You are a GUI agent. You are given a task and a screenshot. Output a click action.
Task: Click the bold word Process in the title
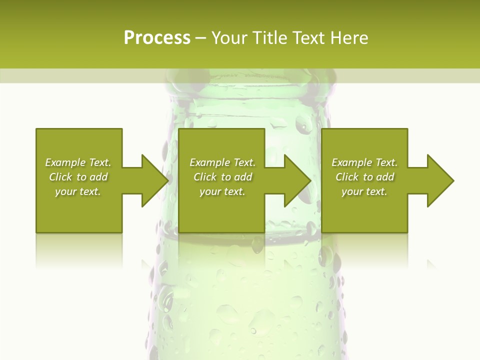coord(157,37)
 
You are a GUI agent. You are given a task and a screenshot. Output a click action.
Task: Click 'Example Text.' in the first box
coord(78,162)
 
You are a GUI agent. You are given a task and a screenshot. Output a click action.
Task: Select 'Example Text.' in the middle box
coord(222,162)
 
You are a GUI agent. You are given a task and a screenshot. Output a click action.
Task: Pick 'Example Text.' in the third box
coord(364,162)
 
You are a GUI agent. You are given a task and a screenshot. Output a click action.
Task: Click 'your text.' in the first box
coord(78,191)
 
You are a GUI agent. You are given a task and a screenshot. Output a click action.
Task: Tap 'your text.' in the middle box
coord(222,191)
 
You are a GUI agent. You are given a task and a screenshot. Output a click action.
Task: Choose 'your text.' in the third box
coord(364,191)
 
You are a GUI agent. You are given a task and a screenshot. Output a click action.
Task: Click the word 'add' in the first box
coord(99,177)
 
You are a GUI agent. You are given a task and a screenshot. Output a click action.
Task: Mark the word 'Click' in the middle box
coord(205,177)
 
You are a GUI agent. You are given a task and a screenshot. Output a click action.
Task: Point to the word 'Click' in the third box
coord(347,177)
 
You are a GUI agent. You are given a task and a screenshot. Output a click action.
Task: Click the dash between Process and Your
coord(200,38)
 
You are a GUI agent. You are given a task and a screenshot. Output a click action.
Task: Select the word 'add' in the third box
coord(385,177)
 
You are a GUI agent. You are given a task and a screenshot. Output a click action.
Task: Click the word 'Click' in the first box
coord(60,177)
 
